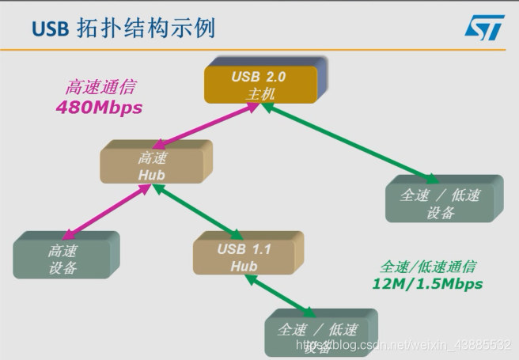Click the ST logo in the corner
click(x=484, y=27)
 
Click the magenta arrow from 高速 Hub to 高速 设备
click(x=106, y=212)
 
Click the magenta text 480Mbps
click(x=99, y=108)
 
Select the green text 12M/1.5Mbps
click(x=426, y=283)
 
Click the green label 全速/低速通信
click(x=428, y=267)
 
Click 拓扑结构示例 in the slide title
click(x=146, y=28)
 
